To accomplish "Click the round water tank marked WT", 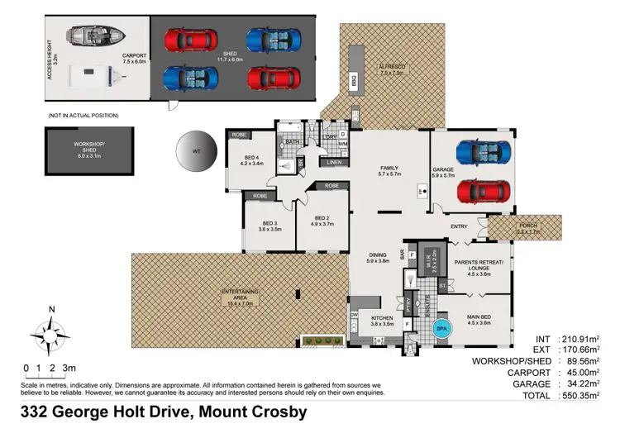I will tap(196, 153).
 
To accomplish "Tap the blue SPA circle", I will tap(441, 329).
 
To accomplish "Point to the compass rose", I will tap(51, 334).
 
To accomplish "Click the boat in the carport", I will tap(95, 37).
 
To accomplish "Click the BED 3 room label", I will tap(270, 226).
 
